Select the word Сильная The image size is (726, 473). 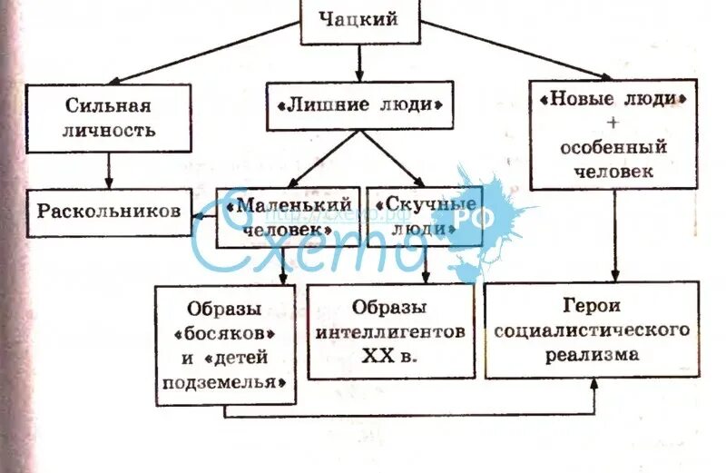108,105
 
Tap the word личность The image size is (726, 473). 108,130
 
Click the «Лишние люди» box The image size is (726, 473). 359,105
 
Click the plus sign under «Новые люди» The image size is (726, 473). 614,122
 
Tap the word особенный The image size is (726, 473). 614,145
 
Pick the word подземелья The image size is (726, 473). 225,381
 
